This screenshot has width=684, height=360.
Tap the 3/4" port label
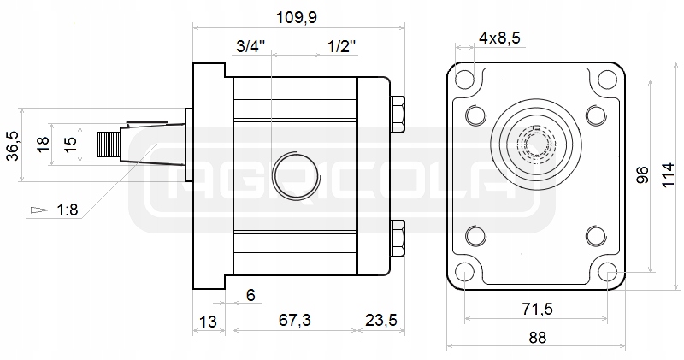point(251,47)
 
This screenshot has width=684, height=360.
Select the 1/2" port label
point(341,47)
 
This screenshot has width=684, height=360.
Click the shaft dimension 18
point(44,145)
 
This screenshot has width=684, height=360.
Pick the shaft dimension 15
point(72,145)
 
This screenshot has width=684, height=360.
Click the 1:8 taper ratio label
point(68,209)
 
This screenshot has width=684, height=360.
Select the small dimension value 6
point(251,295)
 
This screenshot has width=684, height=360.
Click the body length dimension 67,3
point(293,320)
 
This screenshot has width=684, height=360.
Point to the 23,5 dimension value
point(380,320)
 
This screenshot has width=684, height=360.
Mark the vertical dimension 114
point(669,175)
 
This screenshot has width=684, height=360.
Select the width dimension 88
point(537,337)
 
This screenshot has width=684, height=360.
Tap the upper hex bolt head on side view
point(397,115)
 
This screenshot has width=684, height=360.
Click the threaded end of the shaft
point(109,145)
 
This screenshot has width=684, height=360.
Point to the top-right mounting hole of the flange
point(608,80)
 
